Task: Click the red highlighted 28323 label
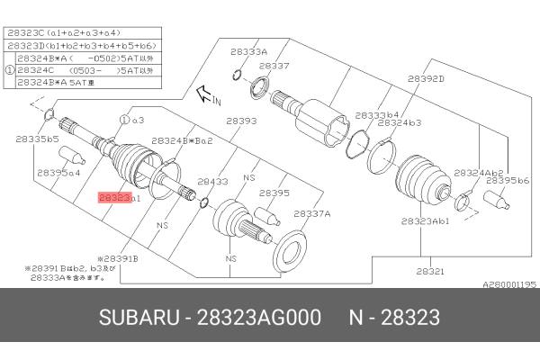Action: (114, 195)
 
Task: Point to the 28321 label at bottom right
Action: (429, 270)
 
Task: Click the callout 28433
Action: (212, 180)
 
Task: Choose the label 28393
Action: (241, 120)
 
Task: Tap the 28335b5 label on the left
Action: (37, 139)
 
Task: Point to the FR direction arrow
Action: (205, 91)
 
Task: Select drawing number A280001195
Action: (509, 283)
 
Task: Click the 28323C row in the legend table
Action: (55, 33)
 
